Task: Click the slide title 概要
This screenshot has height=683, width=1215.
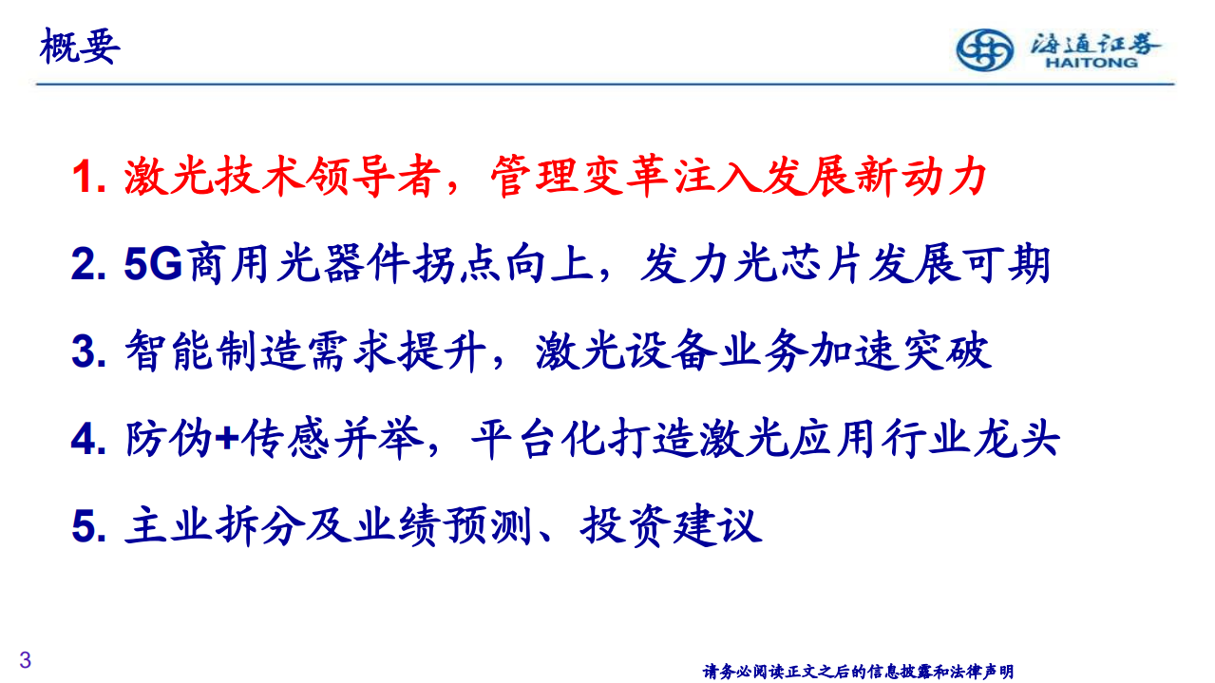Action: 80,46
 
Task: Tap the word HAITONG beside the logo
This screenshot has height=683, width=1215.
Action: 1091,64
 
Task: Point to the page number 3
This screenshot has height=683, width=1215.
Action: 26,660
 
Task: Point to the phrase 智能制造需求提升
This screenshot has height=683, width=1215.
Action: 306,352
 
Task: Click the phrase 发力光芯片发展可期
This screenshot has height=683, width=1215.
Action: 846,265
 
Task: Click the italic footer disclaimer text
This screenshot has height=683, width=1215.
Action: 858,672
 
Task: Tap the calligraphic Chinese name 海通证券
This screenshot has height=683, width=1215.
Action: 1095,42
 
